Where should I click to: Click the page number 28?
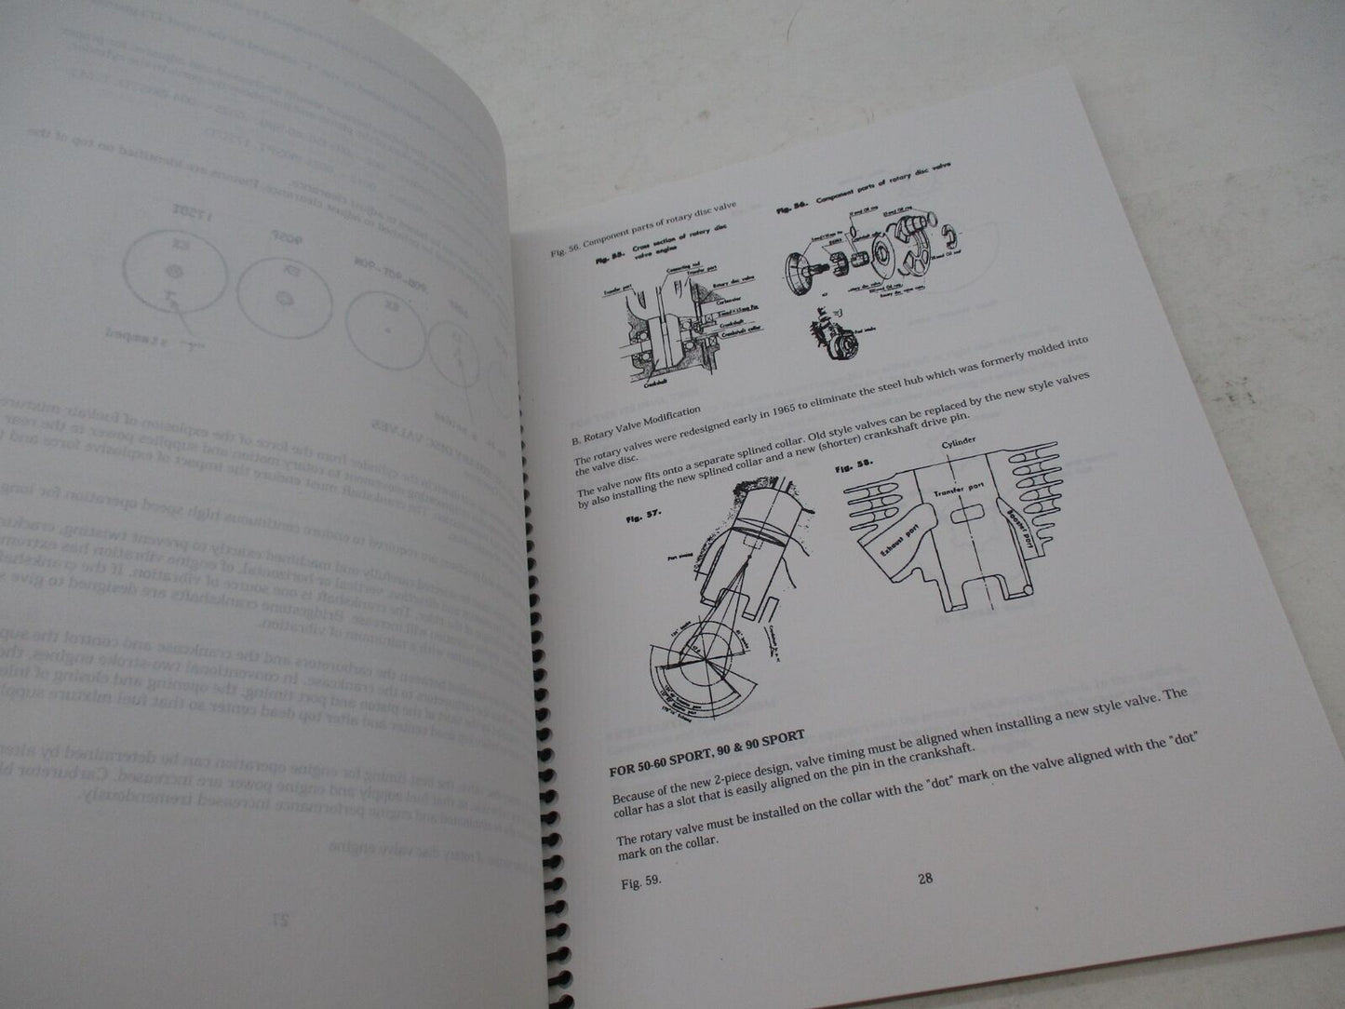pos(925,878)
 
